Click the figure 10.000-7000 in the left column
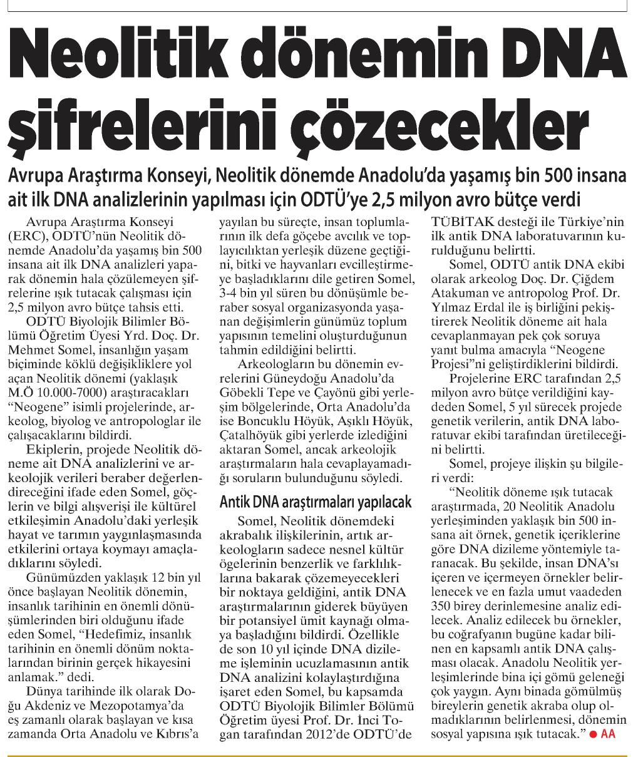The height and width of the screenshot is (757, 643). coord(68,392)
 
